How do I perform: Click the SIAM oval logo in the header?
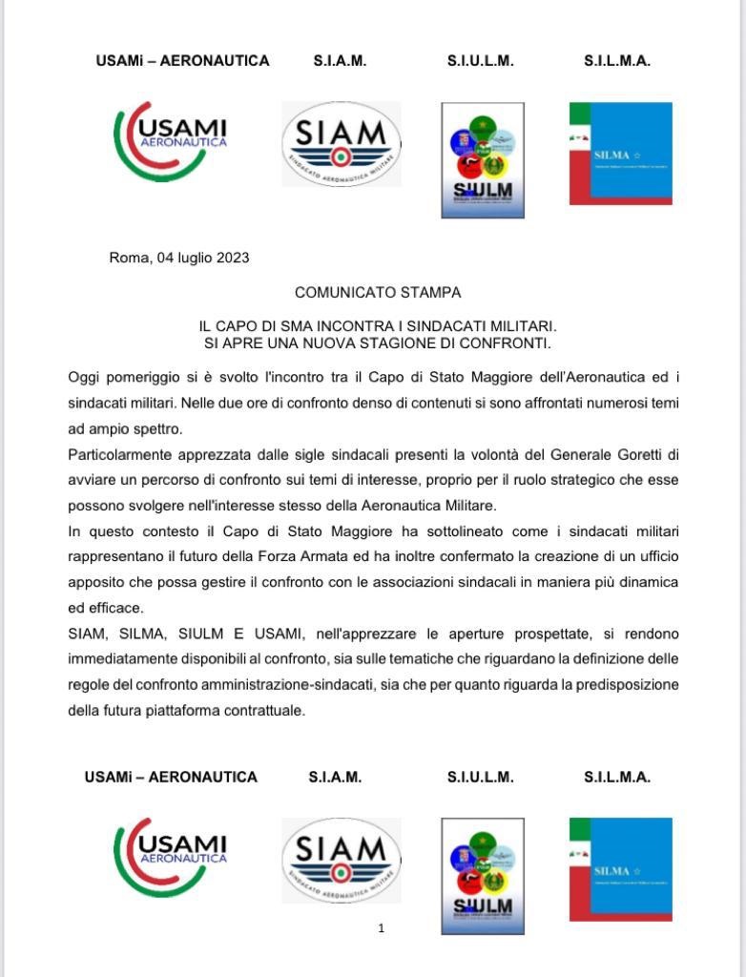[341, 144]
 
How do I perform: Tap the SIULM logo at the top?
[482, 160]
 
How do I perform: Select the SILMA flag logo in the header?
[621, 153]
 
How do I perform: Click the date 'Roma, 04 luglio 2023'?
[179, 258]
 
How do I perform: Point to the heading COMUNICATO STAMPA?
[378, 293]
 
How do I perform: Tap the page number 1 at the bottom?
[381, 928]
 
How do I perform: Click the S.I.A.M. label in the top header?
[340, 61]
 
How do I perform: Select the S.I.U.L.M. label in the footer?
[480, 778]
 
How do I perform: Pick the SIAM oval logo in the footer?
[341, 860]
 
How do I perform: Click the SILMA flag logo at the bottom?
[621, 869]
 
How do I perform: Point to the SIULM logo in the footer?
[482, 876]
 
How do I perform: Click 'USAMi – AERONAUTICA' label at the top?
[182, 61]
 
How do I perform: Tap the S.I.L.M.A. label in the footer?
[617, 778]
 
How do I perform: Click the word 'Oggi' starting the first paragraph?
[82, 377]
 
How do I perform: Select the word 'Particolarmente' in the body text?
[117, 454]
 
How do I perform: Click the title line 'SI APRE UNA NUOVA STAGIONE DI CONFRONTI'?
[378, 343]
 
